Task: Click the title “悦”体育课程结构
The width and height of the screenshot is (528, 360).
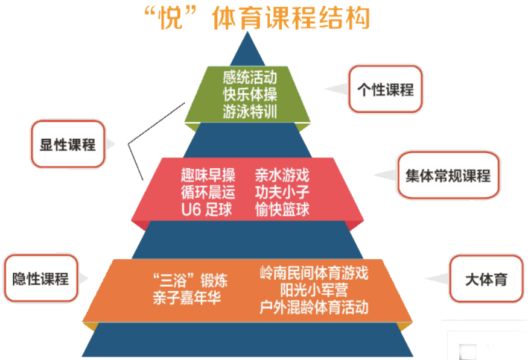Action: point(258,17)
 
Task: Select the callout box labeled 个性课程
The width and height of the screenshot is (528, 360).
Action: point(385,89)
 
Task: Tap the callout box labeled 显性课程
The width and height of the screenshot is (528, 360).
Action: point(68,144)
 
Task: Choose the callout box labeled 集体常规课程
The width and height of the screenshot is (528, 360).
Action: point(448,175)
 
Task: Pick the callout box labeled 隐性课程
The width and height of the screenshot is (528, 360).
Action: point(41,278)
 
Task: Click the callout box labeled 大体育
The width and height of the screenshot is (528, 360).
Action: point(486,279)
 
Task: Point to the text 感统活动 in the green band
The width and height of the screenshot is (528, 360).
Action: point(250,77)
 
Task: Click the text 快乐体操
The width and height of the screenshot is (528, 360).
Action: point(250,95)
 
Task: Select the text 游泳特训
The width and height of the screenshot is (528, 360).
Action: point(250,112)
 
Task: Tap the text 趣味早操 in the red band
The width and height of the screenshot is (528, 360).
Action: point(208,175)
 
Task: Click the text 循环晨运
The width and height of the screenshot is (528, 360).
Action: point(208,192)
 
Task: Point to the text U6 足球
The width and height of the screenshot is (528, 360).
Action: point(206,210)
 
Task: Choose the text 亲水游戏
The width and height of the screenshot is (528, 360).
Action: point(282,175)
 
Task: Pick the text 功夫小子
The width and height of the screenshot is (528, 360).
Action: point(282,192)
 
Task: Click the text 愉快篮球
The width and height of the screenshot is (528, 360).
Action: point(282,210)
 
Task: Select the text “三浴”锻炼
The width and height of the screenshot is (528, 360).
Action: point(190,280)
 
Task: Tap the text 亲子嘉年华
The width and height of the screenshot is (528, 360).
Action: point(187,298)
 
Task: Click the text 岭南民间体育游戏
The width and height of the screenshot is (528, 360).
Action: point(314,273)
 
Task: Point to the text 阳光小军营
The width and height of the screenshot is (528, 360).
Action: point(314,290)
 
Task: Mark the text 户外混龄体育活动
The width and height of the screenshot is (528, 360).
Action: point(314,308)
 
